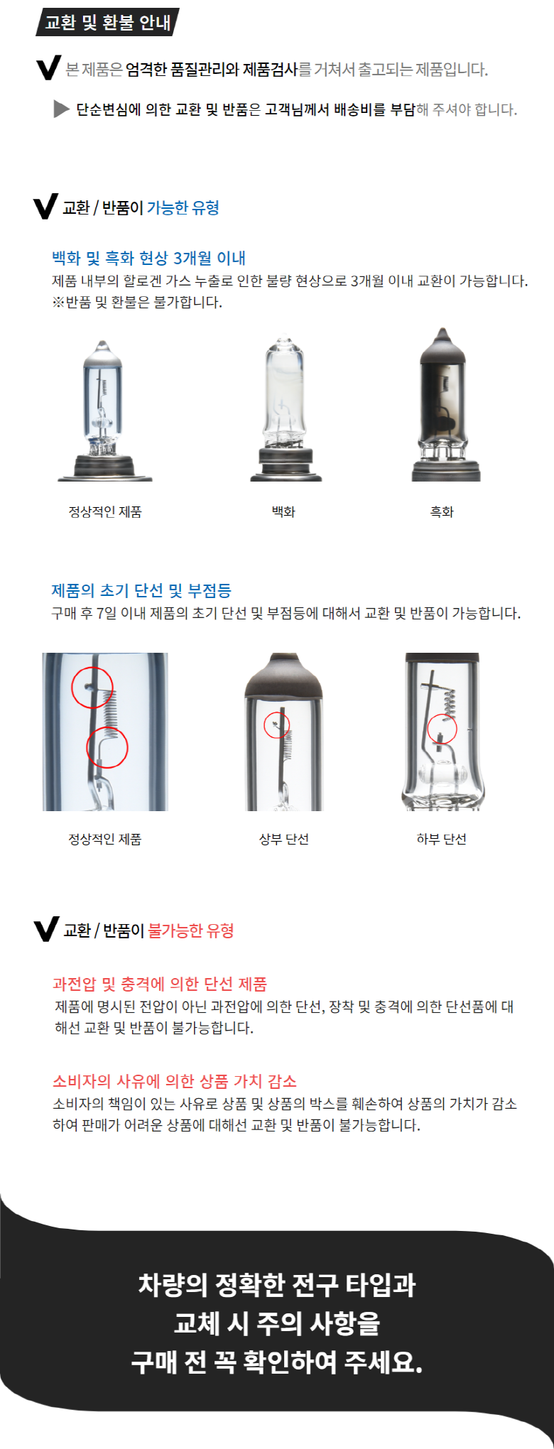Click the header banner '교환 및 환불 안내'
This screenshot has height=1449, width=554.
point(107,22)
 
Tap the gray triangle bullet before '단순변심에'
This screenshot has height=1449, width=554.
point(61,109)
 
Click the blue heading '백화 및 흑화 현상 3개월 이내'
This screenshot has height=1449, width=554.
point(149,258)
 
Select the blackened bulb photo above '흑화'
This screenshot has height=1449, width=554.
point(442,405)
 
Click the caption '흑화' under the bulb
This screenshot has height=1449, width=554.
point(442,511)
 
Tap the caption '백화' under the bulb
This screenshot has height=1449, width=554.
point(283,511)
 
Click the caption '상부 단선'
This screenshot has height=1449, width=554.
point(283,839)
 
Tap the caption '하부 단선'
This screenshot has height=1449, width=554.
point(441,839)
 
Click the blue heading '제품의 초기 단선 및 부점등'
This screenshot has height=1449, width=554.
point(141,590)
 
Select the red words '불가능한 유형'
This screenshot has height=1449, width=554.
point(190,930)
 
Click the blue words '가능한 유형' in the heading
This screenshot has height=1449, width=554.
point(183,207)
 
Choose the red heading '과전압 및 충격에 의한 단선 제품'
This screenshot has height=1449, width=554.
point(160,984)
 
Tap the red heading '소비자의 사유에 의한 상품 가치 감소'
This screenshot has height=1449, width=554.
point(175,1081)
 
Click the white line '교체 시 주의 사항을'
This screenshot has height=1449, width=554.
point(277,1323)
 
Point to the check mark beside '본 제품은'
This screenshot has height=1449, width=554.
point(48,69)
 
